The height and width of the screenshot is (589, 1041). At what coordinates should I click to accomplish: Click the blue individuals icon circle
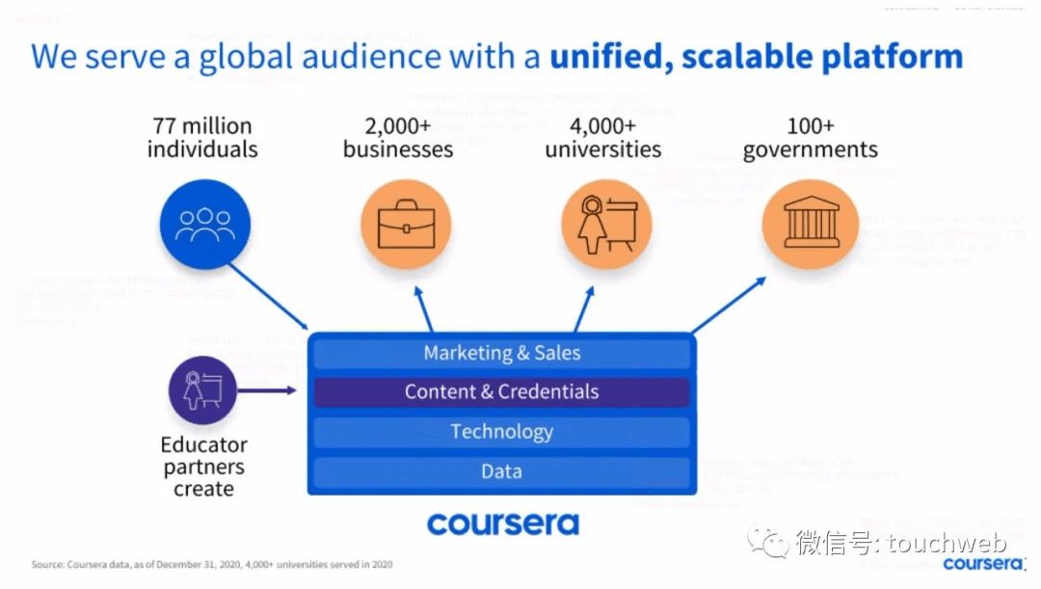tap(204, 225)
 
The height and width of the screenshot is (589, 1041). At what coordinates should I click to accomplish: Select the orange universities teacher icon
tap(606, 225)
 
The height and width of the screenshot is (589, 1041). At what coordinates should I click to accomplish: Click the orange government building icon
tap(811, 225)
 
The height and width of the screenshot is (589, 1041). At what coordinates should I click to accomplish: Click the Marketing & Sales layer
tap(501, 353)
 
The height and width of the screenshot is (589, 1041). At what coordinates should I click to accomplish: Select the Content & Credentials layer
tap(501, 392)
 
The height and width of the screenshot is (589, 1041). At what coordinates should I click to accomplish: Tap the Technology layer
tap(501, 432)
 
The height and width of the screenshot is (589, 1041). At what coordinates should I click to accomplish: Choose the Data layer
tap(501, 471)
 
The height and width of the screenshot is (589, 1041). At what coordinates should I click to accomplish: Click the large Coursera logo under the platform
tap(503, 523)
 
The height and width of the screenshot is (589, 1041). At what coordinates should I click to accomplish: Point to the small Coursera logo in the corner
tap(983, 563)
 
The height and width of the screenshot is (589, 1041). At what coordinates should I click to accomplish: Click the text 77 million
tap(201, 125)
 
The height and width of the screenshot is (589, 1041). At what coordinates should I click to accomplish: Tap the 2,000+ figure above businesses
tap(397, 125)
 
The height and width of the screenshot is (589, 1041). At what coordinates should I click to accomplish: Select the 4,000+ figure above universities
tap(602, 125)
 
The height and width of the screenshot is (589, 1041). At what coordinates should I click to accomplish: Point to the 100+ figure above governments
tap(810, 125)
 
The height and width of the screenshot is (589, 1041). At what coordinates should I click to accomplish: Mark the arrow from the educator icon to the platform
tap(268, 390)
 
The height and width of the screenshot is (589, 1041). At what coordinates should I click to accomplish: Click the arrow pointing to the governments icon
tap(730, 305)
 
